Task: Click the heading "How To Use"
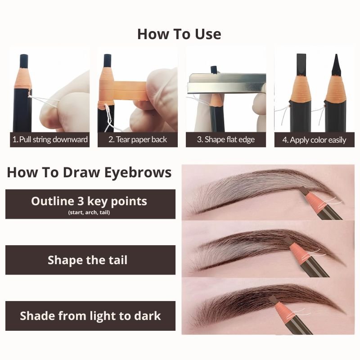pyautogui.click(x=179, y=34)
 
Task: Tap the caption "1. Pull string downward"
pyautogui.click(x=50, y=139)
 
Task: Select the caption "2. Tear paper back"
pyautogui.click(x=138, y=139)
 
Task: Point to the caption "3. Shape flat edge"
pyautogui.click(x=226, y=139)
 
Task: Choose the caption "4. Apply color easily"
pyautogui.click(x=314, y=140)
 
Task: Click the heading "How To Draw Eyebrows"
pyautogui.click(x=89, y=172)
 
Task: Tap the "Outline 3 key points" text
pyautogui.click(x=89, y=201)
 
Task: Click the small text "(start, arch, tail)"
pyautogui.click(x=89, y=212)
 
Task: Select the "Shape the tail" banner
pyautogui.click(x=90, y=260)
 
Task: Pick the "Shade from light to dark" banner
pyautogui.click(x=90, y=316)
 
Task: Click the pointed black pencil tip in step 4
pyautogui.click(x=336, y=65)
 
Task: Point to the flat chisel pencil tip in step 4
pyautogui.click(x=301, y=64)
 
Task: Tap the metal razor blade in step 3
pyautogui.click(x=226, y=84)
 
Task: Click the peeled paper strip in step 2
pyautogui.click(x=130, y=89)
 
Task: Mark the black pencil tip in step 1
pyautogui.click(x=24, y=61)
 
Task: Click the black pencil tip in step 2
pyautogui.click(x=108, y=61)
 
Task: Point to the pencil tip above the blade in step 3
pyautogui.click(x=214, y=70)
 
